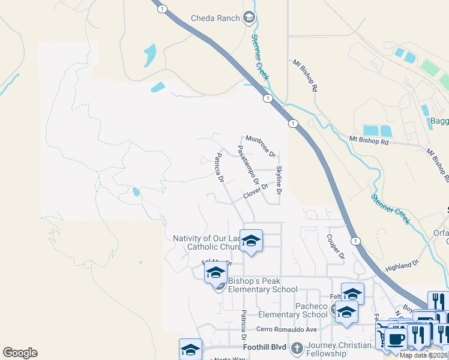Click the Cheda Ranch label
pos(215,17)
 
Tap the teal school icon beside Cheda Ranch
pos(250,18)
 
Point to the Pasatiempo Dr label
pos(248,164)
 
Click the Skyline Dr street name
pos(279,181)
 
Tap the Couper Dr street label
pos(336,246)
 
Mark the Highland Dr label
pos(402,265)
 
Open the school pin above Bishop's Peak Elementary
pos(215,272)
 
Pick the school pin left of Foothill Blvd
pos(190,350)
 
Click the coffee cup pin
pos(395,339)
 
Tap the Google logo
pos(20,353)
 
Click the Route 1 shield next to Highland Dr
pos(356,241)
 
